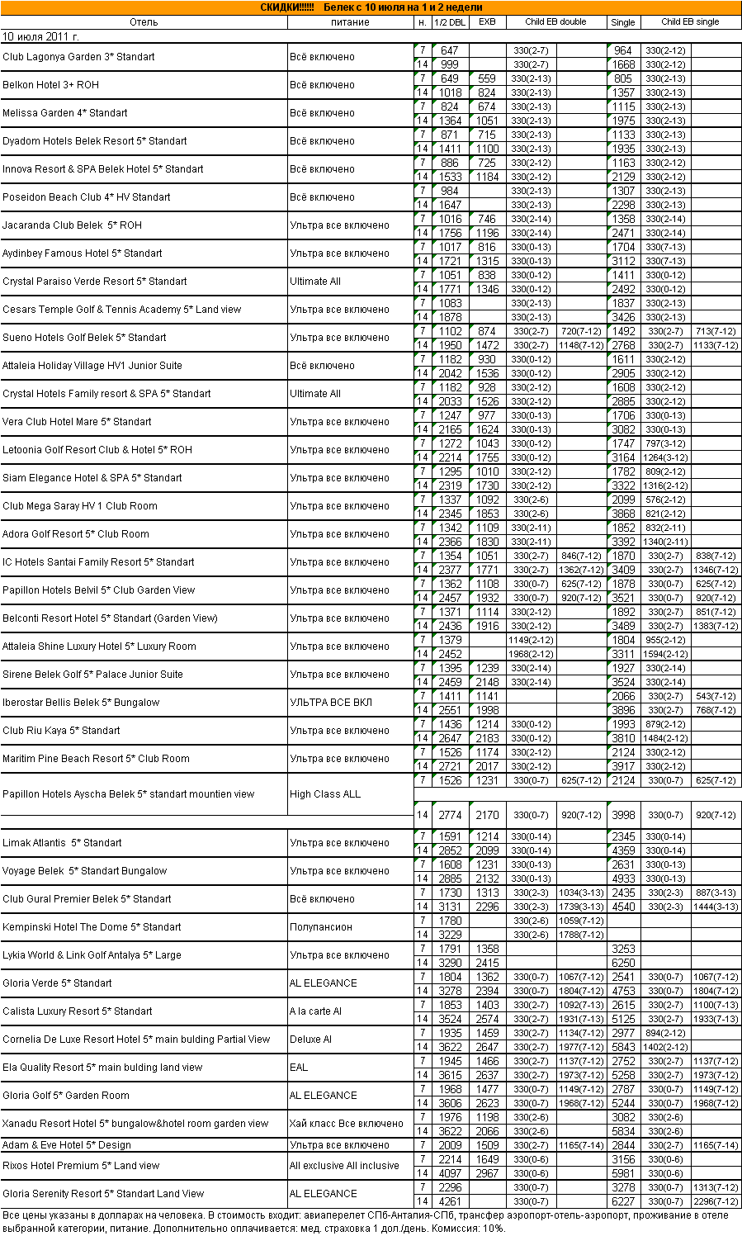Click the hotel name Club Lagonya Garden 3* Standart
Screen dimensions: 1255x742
pos(78,57)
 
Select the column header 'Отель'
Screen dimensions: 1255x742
pos(144,22)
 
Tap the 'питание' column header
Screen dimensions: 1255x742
pos(350,22)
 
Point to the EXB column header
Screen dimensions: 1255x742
pos(487,22)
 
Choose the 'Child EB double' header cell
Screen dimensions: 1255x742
pos(555,22)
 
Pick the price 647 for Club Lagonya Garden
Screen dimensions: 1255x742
pos(449,51)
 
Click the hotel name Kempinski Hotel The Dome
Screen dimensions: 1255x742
pos(92,927)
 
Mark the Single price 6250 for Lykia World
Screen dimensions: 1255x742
pos(623,963)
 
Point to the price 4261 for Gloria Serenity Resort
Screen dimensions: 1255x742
pos(450,1201)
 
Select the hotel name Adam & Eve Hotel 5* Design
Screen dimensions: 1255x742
pos(67,1145)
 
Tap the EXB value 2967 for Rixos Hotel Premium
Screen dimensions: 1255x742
pos(487,1173)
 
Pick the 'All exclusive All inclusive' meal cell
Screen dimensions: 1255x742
pos(344,1166)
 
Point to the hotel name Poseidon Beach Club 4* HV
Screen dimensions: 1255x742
pos(87,197)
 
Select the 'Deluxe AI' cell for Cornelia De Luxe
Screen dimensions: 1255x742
pos(310,1040)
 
